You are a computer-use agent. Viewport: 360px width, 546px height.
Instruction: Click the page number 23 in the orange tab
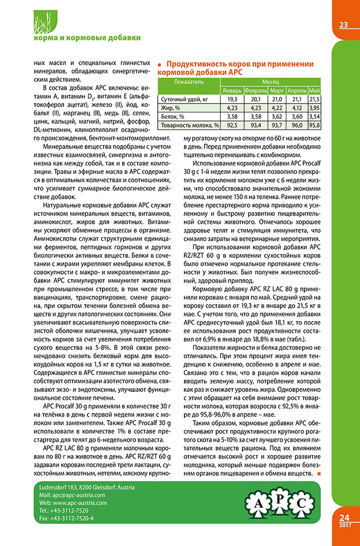(343, 24)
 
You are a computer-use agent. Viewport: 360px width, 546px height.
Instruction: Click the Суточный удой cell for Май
(314, 99)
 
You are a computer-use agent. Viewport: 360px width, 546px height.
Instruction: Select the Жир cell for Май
(314, 108)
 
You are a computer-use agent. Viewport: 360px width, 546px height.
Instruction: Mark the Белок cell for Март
(277, 116)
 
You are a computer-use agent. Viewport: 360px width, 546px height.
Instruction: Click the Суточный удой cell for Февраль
(256, 99)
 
